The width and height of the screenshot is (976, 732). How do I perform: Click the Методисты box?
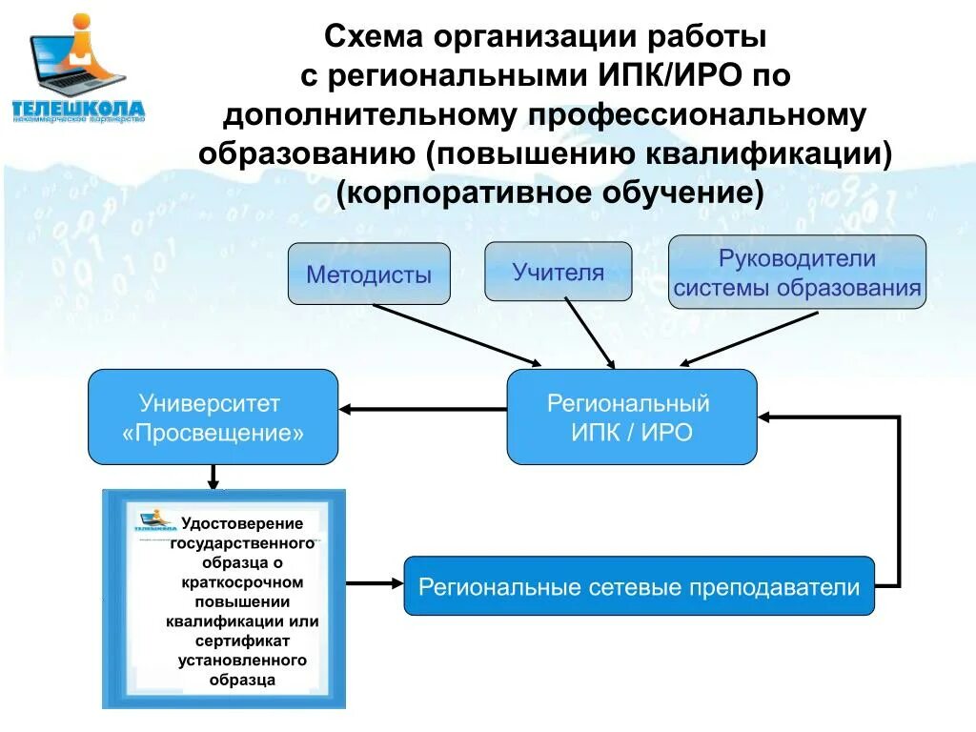[x=369, y=274]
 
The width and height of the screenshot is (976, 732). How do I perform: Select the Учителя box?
[x=558, y=272]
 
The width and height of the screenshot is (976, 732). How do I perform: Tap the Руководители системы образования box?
[x=797, y=272]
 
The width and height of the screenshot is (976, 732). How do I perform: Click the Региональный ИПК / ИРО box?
[x=631, y=417]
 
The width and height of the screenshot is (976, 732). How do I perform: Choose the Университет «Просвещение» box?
[x=213, y=417]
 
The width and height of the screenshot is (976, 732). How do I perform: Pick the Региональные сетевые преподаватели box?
[x=639, y=585]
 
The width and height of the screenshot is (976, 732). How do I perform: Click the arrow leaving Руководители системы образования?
[x=749, y=338]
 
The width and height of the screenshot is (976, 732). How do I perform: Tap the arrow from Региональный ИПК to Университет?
[x=423, y=409]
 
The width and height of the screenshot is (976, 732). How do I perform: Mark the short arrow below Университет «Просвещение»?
[x=213, y=476]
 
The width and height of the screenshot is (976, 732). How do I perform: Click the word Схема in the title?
[x=375, y=37]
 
